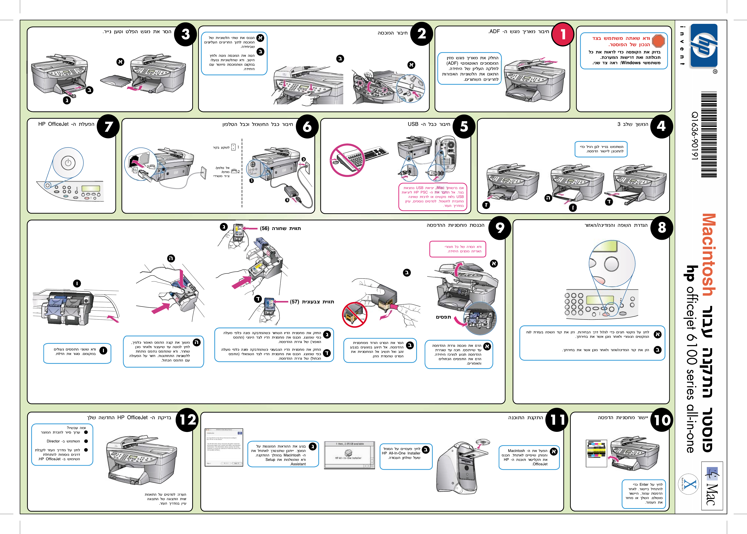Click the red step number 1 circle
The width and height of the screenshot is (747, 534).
point(563,34)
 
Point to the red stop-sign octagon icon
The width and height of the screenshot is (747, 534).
point(658,41)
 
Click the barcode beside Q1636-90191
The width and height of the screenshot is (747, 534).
point(709,135)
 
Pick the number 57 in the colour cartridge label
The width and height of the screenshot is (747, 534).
point(294,302)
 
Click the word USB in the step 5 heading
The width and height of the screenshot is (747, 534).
point(413,124)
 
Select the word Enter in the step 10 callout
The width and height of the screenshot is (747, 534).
point(644,484)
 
